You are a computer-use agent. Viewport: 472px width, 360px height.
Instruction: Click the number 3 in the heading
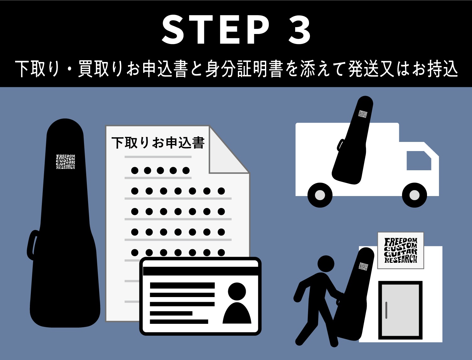pos(299,30)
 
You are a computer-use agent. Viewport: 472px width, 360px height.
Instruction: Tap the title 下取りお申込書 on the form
pos(158,142)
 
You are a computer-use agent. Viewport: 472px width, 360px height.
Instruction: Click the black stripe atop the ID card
pos(200,271)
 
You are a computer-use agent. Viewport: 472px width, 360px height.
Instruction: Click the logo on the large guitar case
pos(65,162)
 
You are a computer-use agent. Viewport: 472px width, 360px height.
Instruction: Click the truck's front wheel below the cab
pos(414,195)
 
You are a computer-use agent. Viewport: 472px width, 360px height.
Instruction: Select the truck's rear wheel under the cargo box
pos(320,195)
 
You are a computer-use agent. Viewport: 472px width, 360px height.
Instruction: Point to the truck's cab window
pos(418,160)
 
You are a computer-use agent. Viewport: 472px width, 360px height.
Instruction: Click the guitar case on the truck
pos(353,140)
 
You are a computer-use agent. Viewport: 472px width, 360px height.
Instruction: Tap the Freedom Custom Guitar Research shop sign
pos(401,250)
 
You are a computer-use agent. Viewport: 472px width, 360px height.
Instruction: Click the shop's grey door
pos(400,310)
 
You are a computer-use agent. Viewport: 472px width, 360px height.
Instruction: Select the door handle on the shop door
pos(386,310)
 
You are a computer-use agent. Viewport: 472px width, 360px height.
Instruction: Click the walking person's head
pos(326,264)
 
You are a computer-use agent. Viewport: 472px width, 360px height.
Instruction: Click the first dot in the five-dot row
pos(135,171)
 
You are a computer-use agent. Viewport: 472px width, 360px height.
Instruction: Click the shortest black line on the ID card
pos(171,313)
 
